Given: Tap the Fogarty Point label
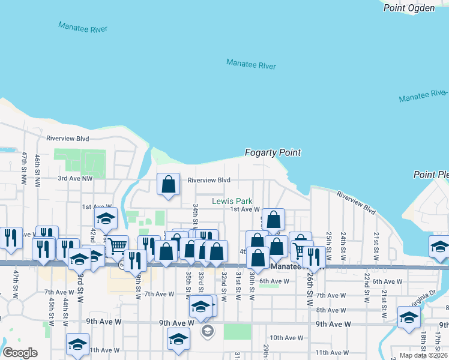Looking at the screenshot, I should tap(273, 153).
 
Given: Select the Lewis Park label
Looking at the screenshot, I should tap(232, 202).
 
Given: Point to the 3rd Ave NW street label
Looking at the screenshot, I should tap(75, 178).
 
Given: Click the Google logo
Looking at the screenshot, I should tap(20, 353).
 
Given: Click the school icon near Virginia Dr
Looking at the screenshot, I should tap(408, 316).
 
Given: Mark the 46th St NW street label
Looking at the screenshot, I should tap(37, 169).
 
